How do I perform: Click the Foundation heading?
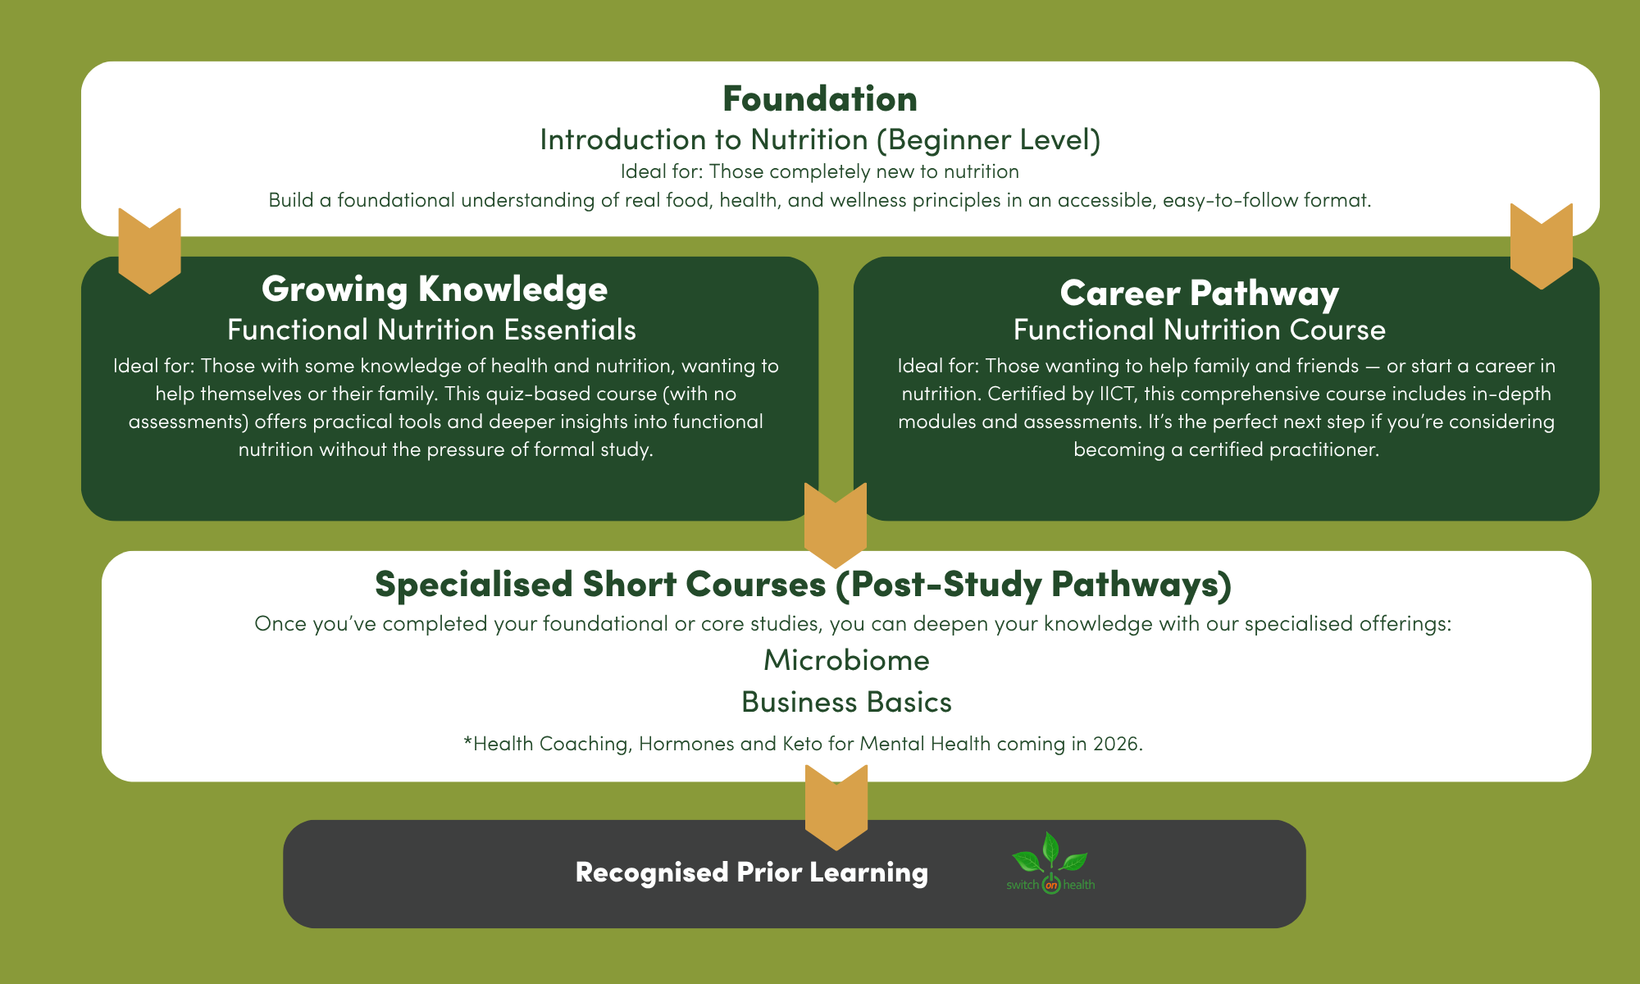(820, 99)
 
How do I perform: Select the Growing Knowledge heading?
(435, 289)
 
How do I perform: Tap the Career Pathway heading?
(1200, 294)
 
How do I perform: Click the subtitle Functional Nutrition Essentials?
(431, 330)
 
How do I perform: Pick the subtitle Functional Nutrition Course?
(1200, 330)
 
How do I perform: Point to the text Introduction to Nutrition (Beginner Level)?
(820, 140)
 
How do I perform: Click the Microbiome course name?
(846, 660)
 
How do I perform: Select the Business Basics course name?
(846, 702)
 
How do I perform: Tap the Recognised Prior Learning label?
(752, 872)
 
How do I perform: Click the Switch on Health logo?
(1050, 863)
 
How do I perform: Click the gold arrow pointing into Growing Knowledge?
(149, 250)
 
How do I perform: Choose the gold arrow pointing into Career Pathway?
(1542, 246)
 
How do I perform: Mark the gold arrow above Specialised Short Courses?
(836, 525)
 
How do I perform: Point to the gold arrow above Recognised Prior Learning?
(836, 808)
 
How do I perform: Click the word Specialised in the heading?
(474, 585)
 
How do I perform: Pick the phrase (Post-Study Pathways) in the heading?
(1033, 585)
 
